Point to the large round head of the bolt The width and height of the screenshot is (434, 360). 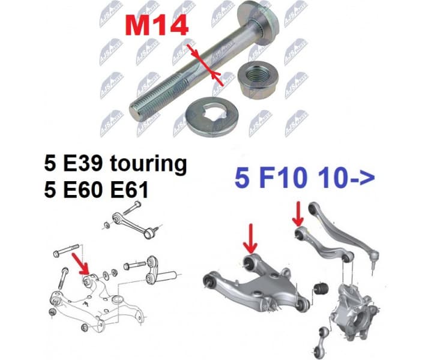click(x=259, y=19)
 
